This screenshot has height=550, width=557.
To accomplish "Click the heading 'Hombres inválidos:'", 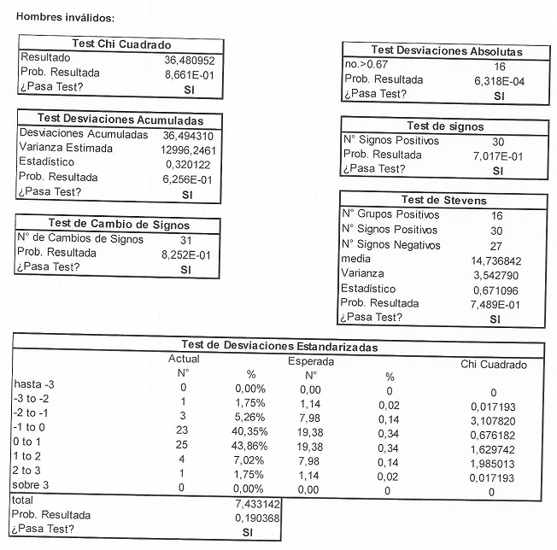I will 66,17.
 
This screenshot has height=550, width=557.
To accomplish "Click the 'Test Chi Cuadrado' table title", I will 120,44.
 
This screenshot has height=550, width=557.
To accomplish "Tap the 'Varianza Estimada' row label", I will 65,149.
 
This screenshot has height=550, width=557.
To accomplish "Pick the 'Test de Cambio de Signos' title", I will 119,224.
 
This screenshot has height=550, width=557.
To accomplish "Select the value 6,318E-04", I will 499,80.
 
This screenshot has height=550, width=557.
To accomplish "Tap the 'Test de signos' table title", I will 445,126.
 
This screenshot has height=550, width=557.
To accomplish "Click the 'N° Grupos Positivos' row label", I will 390,214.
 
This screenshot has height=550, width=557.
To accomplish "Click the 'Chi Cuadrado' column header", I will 493,365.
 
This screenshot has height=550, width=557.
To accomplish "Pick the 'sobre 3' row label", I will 35,485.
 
